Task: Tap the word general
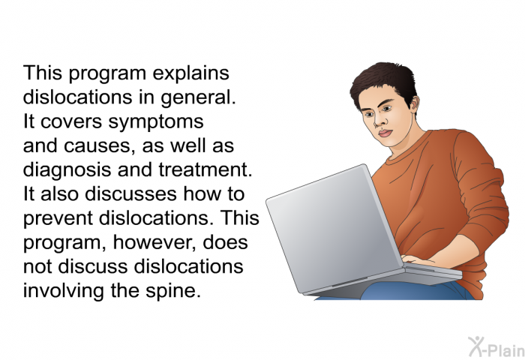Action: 198,98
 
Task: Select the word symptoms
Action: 156,122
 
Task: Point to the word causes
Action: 99,147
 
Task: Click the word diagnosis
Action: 67,170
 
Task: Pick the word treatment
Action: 205,169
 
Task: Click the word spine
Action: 173,291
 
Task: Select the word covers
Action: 71,122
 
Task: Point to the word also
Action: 59,194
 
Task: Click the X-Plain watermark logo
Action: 496,346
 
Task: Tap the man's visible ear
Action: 414,104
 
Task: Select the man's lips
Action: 385,133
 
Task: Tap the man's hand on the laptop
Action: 415,259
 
